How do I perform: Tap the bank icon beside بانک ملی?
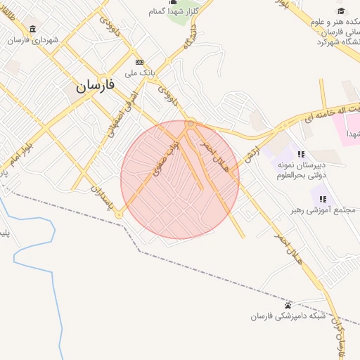click(x=139, y=62)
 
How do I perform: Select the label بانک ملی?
click(x=139, y=72)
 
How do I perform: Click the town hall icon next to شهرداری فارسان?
click(x=33, y=29)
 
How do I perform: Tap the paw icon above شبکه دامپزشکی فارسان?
click(x=288, y=305)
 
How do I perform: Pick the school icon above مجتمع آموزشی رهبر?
click(x=323, y=200)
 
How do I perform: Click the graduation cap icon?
click(x=342, y=11)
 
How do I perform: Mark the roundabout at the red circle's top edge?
click(x=190, y=124)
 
